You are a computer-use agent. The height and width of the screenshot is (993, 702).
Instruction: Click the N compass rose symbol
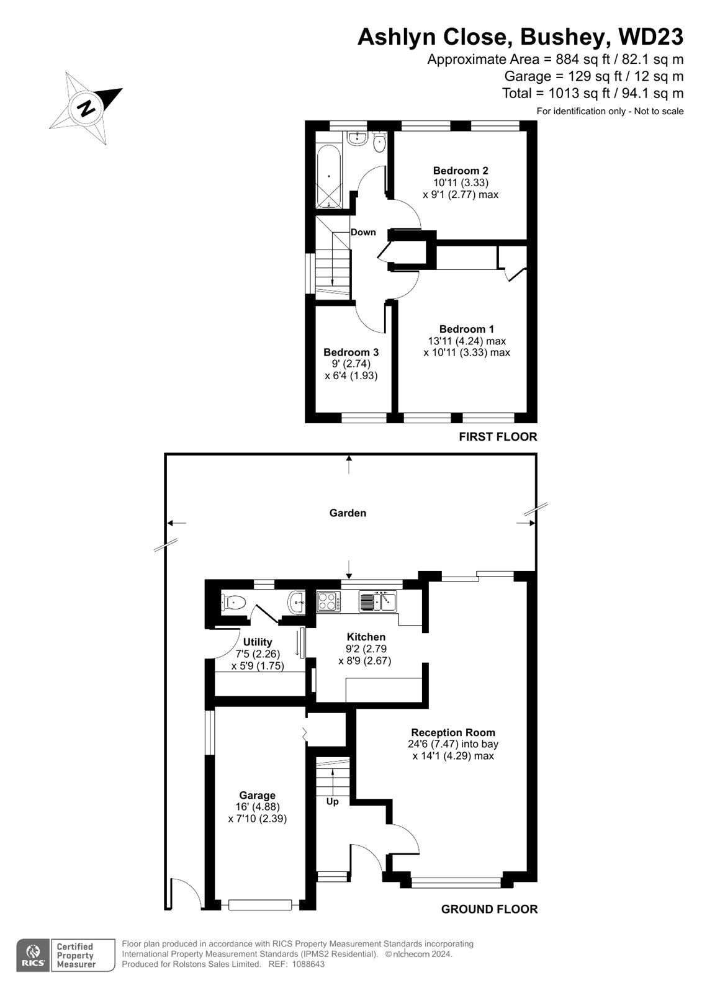(86, 108)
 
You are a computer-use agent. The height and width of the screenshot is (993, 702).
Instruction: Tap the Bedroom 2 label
(461, 171)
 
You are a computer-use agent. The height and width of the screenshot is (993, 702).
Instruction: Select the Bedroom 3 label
(351, 353)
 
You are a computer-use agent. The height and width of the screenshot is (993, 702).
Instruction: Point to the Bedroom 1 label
(467, 329)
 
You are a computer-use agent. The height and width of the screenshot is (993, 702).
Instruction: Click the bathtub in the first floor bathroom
(329, 176)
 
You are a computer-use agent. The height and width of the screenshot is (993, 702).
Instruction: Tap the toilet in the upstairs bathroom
(379, 142)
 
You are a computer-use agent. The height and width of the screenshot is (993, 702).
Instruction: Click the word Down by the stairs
(363, 232)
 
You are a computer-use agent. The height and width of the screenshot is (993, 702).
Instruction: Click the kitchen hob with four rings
(328, 601)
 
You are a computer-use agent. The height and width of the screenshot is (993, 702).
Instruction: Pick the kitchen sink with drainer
(377, 601)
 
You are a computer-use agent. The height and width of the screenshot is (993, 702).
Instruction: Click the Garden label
(348, 513)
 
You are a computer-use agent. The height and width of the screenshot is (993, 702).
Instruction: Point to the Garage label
(257, 795)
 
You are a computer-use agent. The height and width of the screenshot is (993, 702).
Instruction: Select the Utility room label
(258, 642)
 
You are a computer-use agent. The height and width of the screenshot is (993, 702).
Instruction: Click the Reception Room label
(453, 732)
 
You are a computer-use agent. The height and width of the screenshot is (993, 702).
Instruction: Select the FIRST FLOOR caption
(498, 437)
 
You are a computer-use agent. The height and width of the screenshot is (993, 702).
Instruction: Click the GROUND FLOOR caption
(489, 909)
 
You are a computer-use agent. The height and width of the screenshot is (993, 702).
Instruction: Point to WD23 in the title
(651, 37)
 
